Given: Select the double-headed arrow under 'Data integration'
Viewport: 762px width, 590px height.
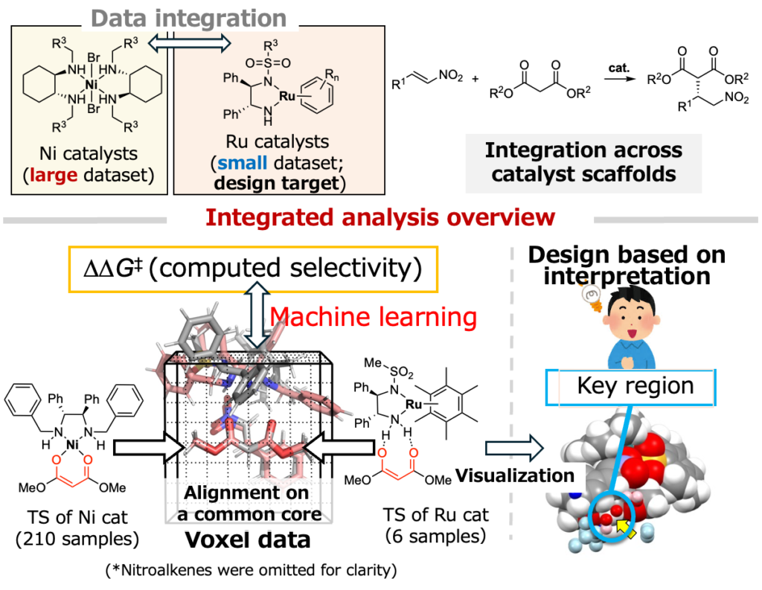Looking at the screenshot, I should (190, 44).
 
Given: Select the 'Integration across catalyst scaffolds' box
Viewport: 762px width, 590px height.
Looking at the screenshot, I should (583, 162).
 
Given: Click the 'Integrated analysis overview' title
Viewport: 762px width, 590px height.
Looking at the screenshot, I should (380, 218).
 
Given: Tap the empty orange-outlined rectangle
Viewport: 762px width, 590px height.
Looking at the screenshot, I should (253, 269).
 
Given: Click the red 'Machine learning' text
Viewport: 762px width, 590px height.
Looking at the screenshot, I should (373, 318).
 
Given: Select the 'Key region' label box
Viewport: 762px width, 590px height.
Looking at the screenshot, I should (635, 387).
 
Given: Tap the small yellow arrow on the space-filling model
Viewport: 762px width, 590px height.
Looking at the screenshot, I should (627, 530).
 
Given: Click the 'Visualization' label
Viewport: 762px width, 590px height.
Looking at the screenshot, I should (514, 475).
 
